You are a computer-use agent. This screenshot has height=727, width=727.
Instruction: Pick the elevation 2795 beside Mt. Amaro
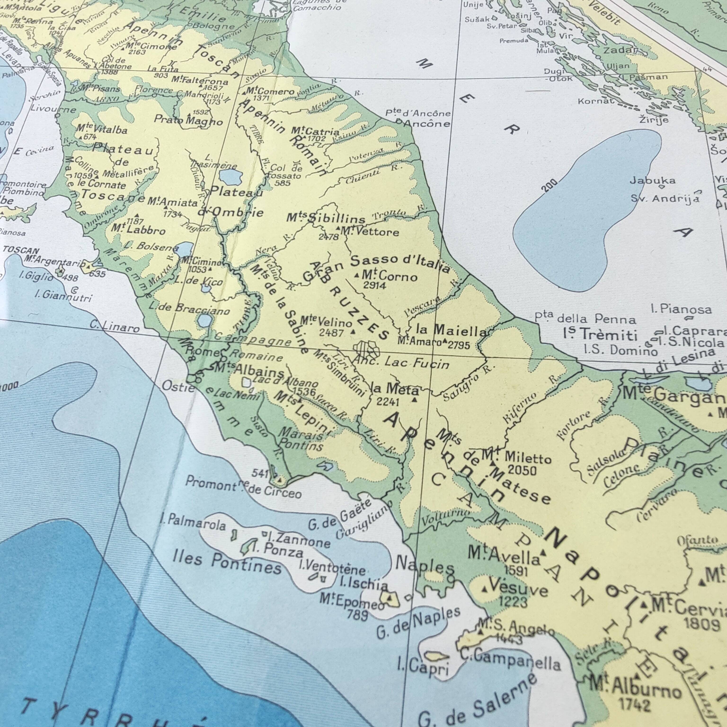(459, 345)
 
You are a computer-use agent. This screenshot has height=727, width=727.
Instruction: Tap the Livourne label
(53, 110)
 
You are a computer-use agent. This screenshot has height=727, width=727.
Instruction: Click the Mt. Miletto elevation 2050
(522, 470)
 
